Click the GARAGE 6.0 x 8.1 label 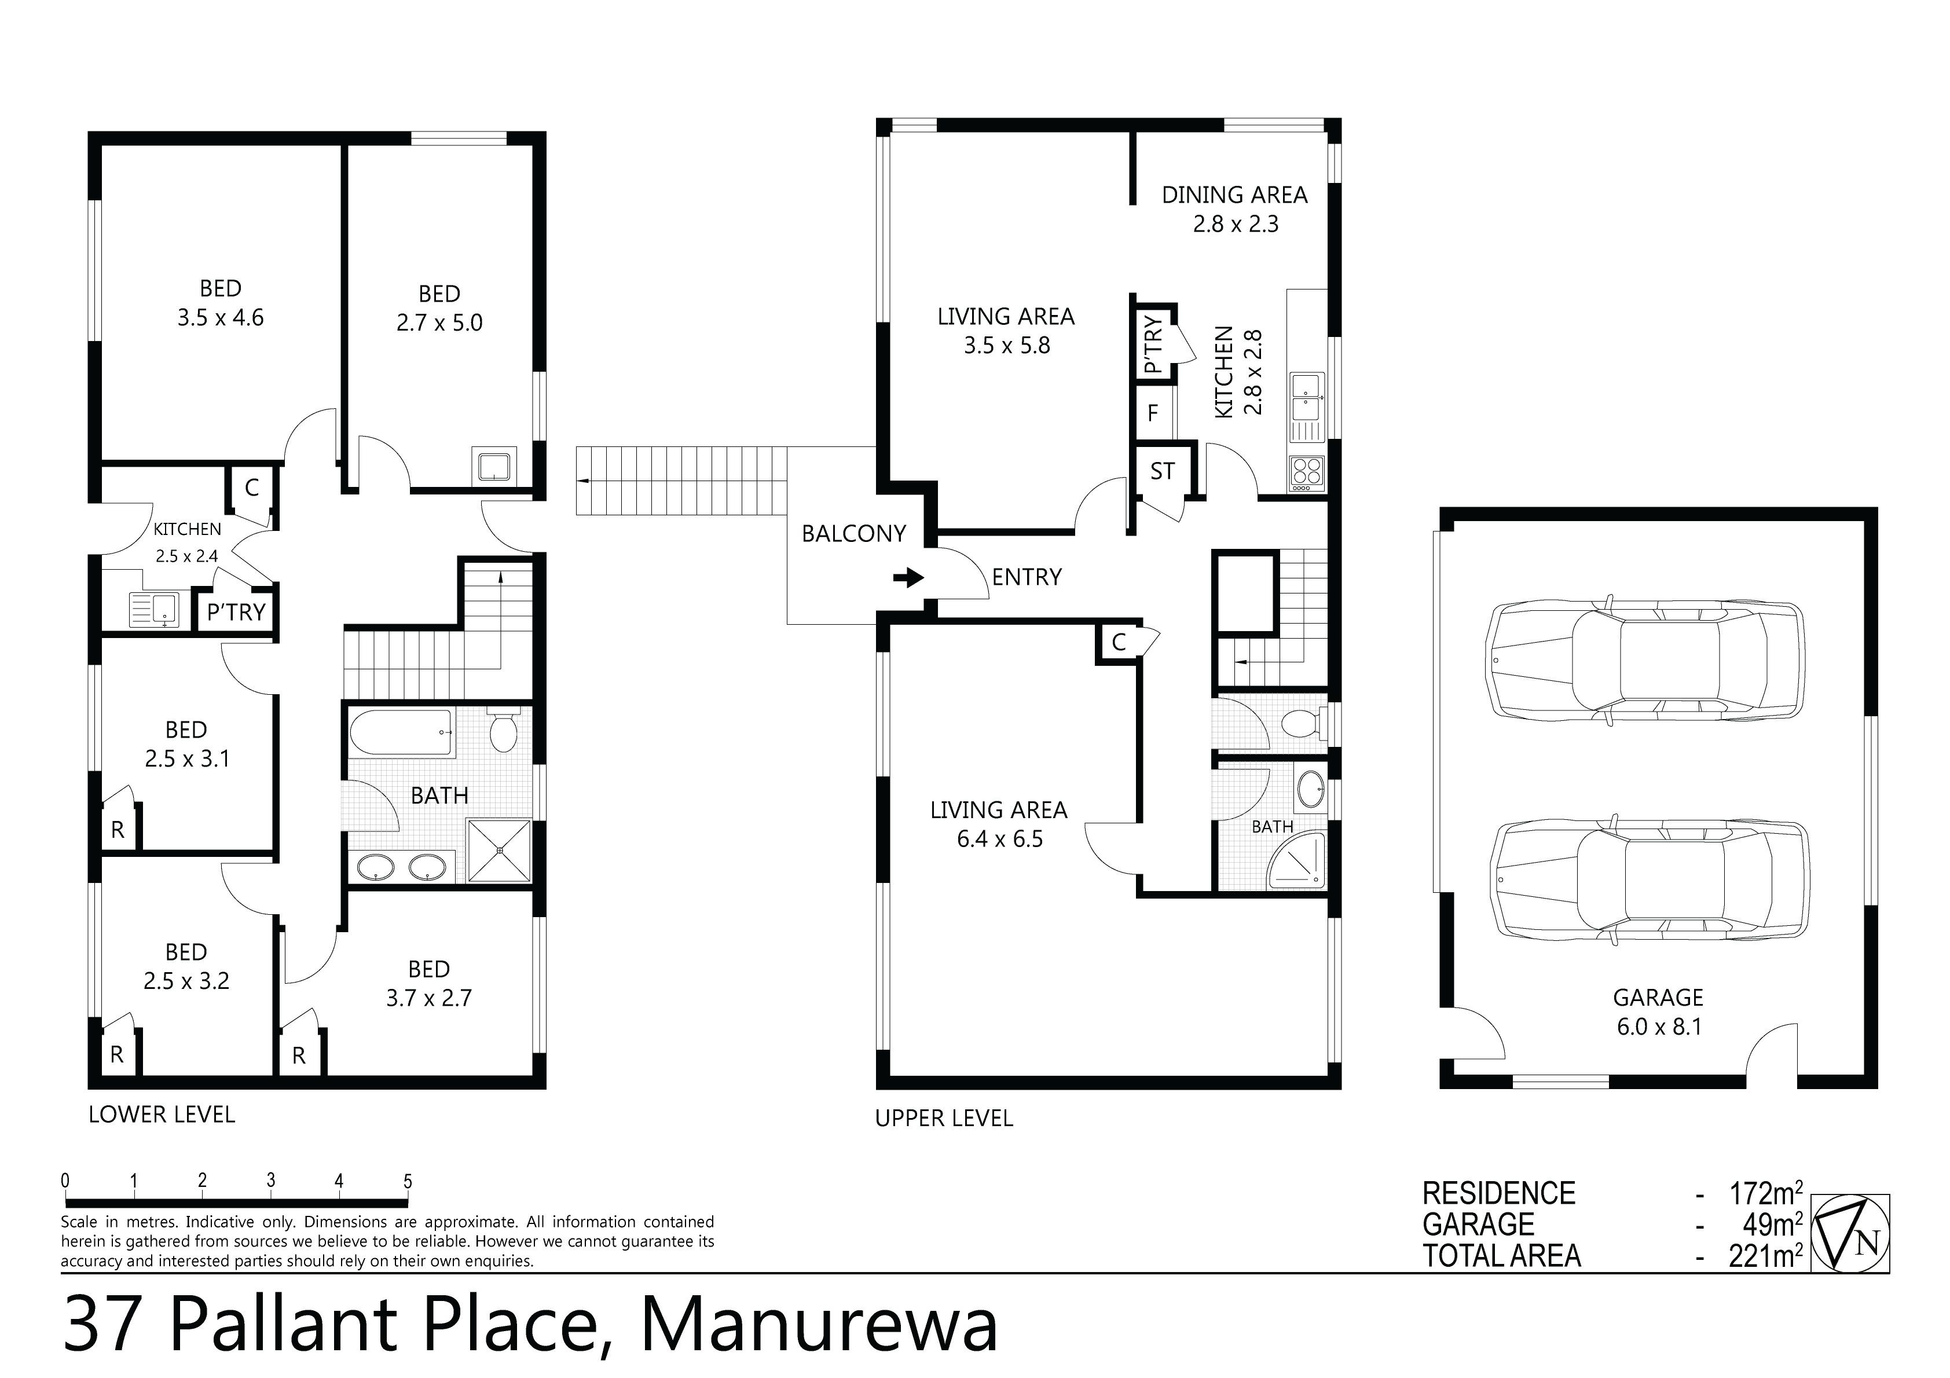click(x=1658, y=1012)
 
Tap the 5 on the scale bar click(x=408, y=1181)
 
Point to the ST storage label click(x=1163, y=471)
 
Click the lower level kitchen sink click(x=154, y=609)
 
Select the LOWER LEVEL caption click(x=162, y=1115)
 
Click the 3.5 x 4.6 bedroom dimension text click(x=220, y=318)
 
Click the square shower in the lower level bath click(x=500, y=851)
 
